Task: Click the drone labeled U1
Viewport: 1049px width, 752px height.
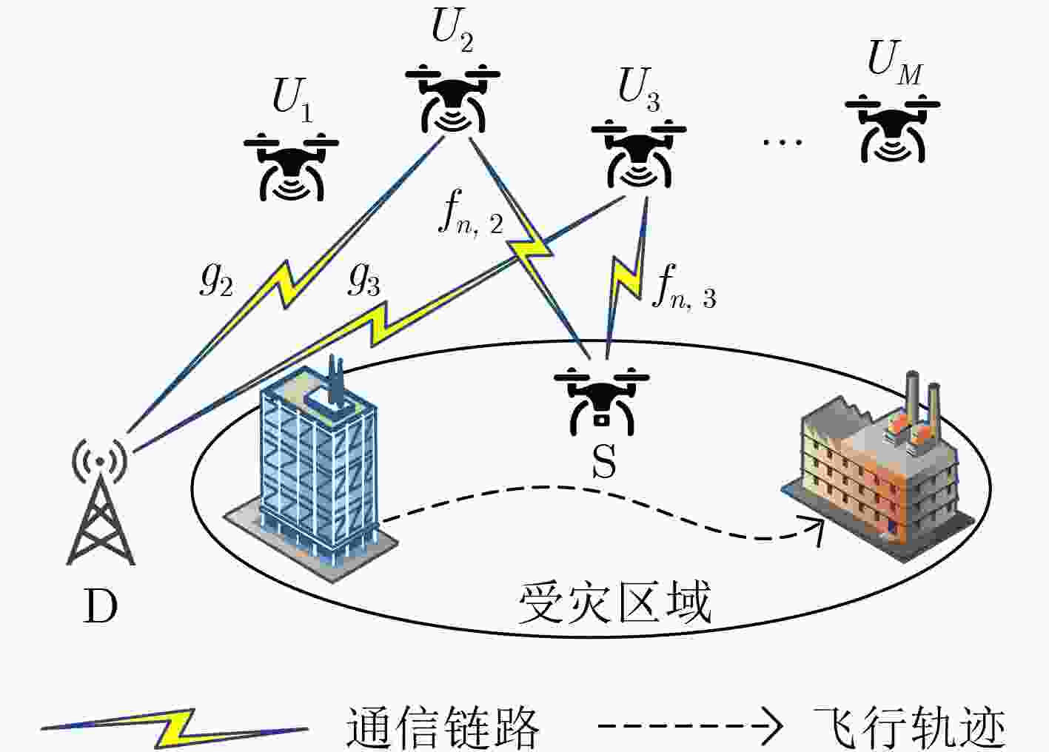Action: [291, 167]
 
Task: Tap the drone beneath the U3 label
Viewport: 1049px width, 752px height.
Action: [639, 154]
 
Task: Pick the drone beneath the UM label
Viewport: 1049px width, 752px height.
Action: [893, 128]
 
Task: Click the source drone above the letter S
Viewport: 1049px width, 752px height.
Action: [602, 402]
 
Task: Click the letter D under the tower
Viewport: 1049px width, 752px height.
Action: [100, 606]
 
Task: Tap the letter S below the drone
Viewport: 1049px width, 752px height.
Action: [603, 462]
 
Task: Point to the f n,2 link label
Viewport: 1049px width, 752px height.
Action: [471, 213]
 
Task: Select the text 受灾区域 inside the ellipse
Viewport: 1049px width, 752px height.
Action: [614, 603]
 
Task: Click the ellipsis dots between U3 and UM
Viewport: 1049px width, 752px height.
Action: [782, 141]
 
